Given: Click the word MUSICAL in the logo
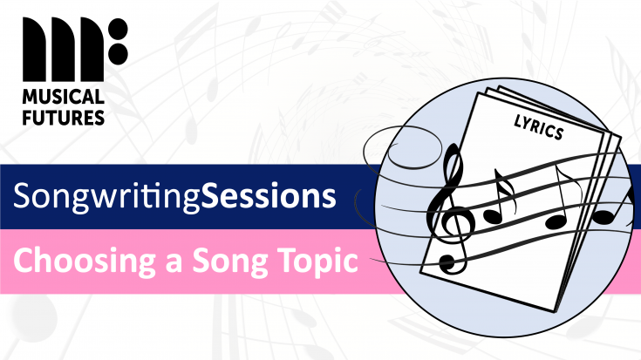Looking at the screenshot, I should coord(62,95).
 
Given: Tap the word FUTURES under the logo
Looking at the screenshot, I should coord(64,116).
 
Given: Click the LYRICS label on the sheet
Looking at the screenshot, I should coord(537,127).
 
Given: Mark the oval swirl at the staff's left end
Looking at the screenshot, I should coord(406,157).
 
